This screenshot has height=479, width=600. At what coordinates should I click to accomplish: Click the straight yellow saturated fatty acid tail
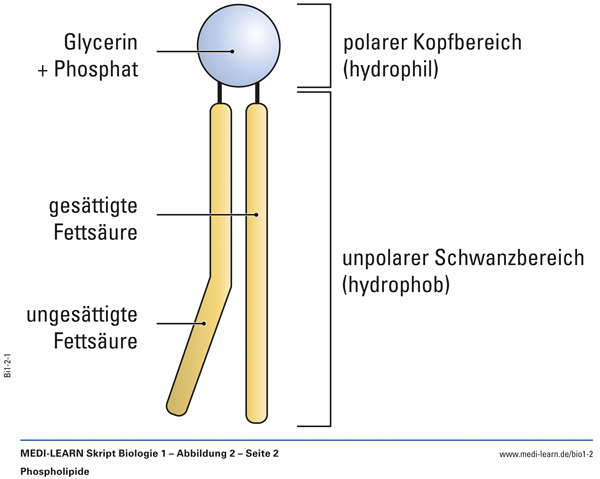(x=257, y=260)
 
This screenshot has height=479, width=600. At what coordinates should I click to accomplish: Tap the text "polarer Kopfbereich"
(x=431, y=44)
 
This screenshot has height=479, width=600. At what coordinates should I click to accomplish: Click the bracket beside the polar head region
(x=325, y=45)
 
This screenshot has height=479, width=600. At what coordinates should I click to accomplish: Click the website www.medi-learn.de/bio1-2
(x=545, y=454)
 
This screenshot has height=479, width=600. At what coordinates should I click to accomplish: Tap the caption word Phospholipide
(x=55, y=471)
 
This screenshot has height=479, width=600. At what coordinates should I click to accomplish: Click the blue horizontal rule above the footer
(x=300, y=440)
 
